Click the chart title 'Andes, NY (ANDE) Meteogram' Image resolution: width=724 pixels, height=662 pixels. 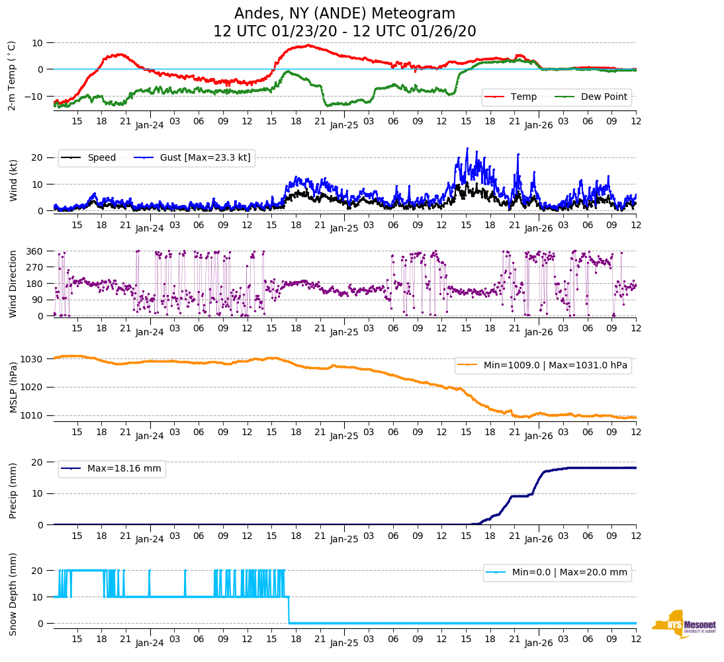345,14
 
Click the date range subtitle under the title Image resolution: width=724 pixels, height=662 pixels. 345,32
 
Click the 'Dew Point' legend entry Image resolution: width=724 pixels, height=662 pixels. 604,97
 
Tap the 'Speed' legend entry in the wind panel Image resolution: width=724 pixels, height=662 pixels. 101,157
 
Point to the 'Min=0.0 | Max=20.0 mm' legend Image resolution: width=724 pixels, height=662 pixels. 569,573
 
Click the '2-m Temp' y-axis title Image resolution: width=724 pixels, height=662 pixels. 11,75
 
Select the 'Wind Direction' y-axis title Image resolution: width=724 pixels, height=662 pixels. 13,284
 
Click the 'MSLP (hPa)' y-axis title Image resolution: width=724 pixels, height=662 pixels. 13,387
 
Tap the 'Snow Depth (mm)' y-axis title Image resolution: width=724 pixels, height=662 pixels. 13,595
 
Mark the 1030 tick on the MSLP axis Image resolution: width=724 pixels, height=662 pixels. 32,359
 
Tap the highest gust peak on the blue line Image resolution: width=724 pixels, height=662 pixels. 467,149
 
